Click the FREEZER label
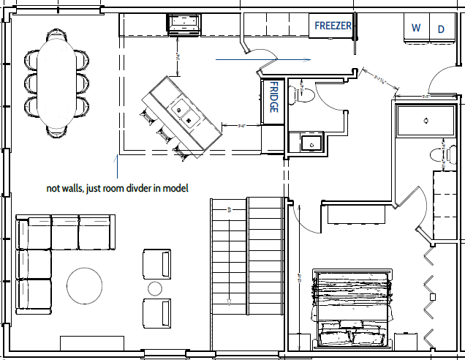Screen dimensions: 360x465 point(333,26)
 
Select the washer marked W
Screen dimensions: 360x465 point(416,29)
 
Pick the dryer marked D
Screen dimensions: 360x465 point(441,29)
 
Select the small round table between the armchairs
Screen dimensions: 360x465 point(155,287)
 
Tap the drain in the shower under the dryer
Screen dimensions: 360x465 point(425,120)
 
